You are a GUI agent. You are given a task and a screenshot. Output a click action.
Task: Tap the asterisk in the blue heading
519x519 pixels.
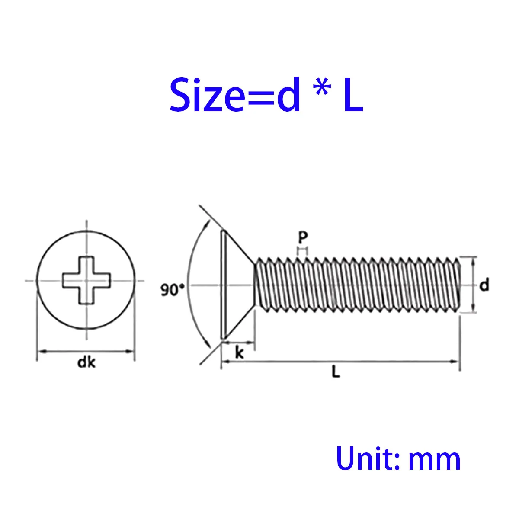[323, 87]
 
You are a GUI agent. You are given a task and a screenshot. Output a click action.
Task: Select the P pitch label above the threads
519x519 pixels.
[303, 237]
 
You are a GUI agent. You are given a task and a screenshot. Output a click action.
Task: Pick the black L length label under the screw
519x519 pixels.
[336, 372]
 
